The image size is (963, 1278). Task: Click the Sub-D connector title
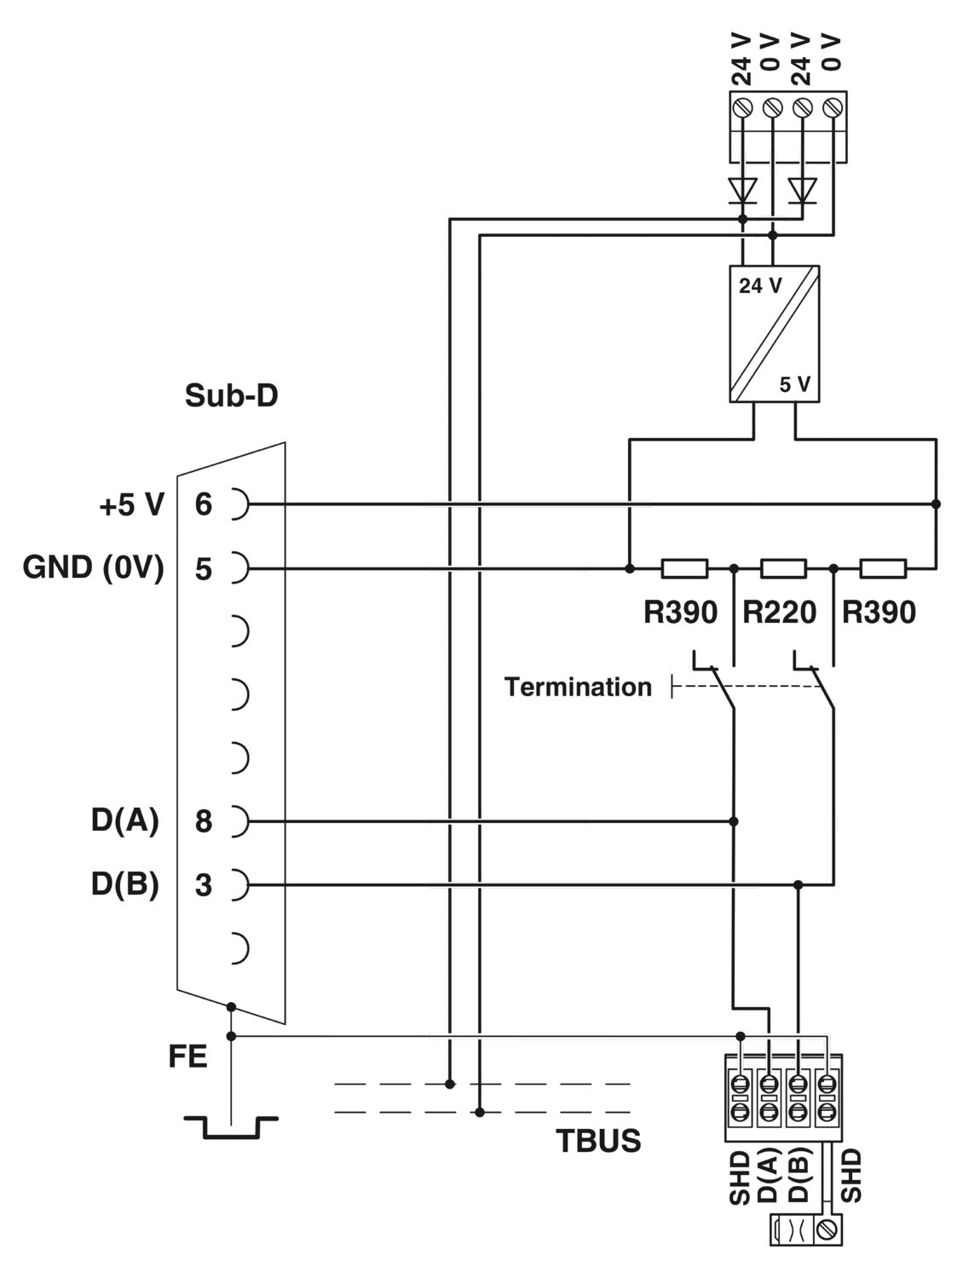click(231, 396)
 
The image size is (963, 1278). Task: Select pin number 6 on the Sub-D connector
click(203, 504)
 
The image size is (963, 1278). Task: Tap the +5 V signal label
click(131, 504)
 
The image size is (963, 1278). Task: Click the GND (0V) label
click(93, 567)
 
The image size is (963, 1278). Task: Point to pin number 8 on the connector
click(203, 821)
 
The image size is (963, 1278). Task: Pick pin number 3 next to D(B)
click(203, 885)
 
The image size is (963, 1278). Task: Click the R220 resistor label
click(779, 612)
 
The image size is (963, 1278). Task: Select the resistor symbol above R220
click(783, 568)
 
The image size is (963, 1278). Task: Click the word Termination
click(577, 687)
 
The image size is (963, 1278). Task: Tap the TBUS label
click(598, 1141)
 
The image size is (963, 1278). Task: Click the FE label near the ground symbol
click(187, 1057)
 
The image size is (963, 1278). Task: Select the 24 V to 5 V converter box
click(774, 333)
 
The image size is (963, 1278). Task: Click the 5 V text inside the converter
click(794, 385)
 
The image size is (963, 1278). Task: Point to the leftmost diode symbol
click(743, 189)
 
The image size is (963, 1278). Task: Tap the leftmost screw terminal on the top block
click(744, 108)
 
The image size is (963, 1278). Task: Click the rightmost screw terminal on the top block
click(833, 108)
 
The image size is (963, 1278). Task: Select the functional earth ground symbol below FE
click(230, 1126)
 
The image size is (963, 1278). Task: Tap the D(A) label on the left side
click(125, 821)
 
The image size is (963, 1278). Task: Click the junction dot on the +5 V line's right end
click(936, 504)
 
